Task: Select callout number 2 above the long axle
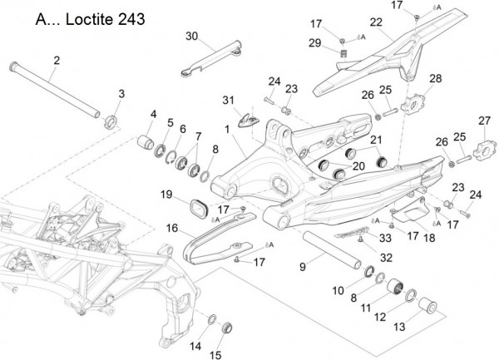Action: point(57,60)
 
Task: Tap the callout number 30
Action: point(192,36)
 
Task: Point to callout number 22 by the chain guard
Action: point(376,22)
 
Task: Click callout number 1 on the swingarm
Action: point(226,130)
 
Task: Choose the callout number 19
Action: point(166,195)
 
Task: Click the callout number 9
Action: point(303,266)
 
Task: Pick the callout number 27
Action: point(484,121)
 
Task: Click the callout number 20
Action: point(358,166)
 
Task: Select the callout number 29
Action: point(314,42)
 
